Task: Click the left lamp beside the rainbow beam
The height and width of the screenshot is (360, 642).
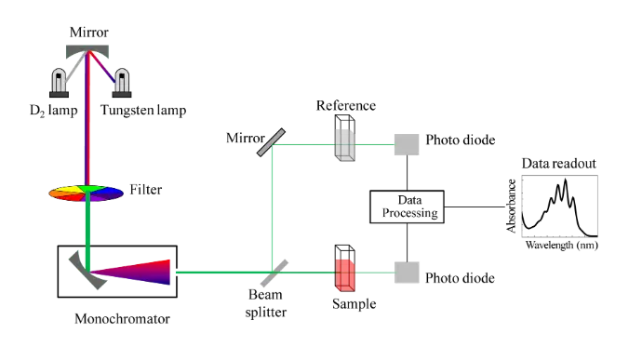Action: point(60,81)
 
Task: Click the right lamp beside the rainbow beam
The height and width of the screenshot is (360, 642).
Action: point(122,81)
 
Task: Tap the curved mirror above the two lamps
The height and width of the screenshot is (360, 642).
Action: point(86,44)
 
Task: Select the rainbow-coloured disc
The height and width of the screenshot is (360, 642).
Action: point(85,193)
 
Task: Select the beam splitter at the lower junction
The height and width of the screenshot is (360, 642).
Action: point(273,271)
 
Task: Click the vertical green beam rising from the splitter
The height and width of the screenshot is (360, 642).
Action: point(271,209)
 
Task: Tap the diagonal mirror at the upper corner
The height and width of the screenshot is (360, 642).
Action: point(271,142)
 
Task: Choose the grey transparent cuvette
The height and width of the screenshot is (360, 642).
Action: point(345,145)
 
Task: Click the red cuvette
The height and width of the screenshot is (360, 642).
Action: point(345,274)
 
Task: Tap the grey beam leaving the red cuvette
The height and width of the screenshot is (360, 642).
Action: point(374,273)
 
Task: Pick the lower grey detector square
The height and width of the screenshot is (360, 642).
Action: point(408,274)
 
